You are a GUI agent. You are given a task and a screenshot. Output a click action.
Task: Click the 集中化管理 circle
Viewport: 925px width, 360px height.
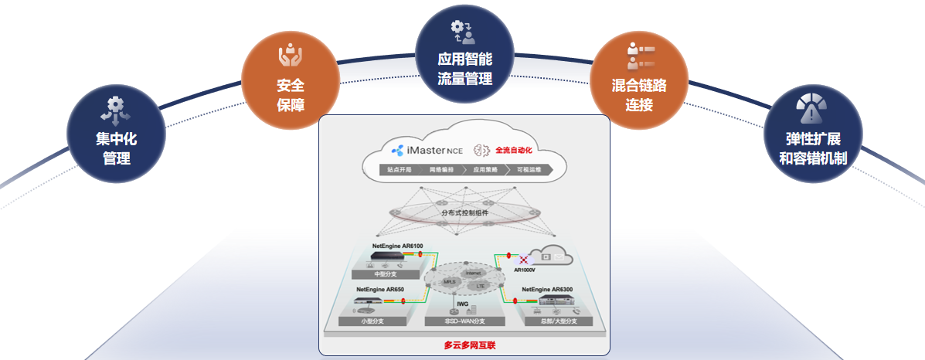[116, 139]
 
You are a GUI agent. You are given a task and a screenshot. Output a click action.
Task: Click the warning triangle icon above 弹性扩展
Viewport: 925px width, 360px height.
[810, 113]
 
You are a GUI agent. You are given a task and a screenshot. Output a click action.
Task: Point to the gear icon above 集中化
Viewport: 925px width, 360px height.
[115, 108]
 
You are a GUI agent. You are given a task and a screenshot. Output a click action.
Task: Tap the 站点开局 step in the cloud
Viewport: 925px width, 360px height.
[400, 168]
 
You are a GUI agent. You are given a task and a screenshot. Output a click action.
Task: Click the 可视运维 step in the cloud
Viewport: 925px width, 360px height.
[529, 168]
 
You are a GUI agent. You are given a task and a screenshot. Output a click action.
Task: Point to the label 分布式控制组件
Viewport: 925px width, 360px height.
[464, 212]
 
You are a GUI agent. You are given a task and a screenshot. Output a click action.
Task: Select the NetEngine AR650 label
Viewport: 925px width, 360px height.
[379, 290]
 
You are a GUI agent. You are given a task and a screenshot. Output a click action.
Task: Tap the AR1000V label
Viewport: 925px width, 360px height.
[526, 271]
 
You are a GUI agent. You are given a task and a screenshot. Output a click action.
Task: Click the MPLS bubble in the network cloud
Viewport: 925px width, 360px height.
[450, 282]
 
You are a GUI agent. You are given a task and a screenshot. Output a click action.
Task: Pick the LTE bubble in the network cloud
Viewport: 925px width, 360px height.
[480, 287]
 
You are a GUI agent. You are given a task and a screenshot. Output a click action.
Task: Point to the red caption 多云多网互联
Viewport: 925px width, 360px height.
[464, 345]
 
